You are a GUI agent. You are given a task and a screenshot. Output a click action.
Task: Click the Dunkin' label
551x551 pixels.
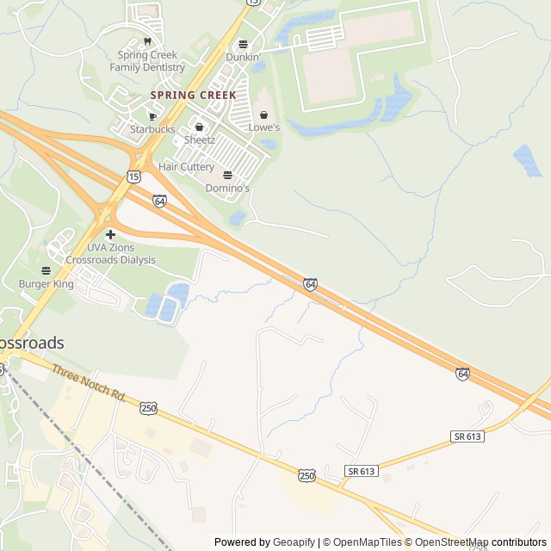243,57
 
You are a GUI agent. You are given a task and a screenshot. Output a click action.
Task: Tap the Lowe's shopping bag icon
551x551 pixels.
264,115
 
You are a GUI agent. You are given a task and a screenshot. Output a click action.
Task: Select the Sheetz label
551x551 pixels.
199,140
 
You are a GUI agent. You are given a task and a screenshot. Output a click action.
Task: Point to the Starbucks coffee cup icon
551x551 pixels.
152,116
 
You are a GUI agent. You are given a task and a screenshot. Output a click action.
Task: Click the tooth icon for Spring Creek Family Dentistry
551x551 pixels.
147,41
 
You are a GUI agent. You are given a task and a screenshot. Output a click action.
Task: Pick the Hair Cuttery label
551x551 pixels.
186,166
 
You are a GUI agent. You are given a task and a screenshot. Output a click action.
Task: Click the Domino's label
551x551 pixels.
227,188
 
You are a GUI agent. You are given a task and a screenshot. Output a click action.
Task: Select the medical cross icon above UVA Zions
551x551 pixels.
110,234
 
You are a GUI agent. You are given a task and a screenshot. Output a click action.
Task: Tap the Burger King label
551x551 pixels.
47,283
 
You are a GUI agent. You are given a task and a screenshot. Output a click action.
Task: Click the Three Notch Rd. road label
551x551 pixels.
89,384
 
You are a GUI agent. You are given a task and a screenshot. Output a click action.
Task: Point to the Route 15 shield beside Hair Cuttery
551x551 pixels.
133,176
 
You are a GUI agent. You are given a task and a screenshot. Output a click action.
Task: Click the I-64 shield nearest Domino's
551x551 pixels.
159,201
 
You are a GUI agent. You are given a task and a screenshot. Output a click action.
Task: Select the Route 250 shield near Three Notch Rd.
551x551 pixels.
148,407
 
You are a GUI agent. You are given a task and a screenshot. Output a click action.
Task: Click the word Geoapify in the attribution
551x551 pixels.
294,542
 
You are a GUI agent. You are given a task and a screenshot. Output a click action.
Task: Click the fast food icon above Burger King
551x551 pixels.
46,270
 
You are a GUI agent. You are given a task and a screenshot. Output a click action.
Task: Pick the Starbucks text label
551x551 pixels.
152,129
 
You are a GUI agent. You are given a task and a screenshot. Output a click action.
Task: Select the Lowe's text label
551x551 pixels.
264,127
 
